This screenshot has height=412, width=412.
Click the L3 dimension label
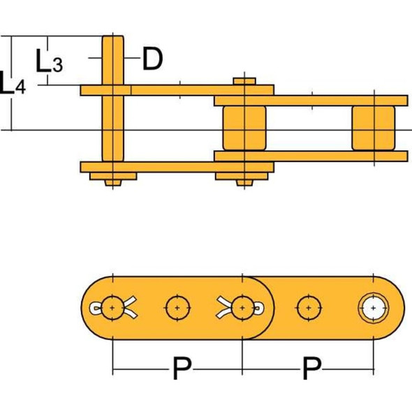point(50,63)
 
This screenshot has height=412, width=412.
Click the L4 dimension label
point(13,85)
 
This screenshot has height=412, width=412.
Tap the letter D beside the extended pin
point(152,59)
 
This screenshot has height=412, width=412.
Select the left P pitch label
point(180,369)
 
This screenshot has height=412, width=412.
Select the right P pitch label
point(309,369)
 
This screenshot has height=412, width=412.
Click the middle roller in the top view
point(244,128)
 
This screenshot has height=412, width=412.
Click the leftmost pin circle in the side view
point(112,307)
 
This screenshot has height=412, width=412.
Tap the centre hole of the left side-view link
point(177,307)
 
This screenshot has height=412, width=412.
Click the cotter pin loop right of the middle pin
point(258,307)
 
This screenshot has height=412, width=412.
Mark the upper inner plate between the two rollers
point(311,101)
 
